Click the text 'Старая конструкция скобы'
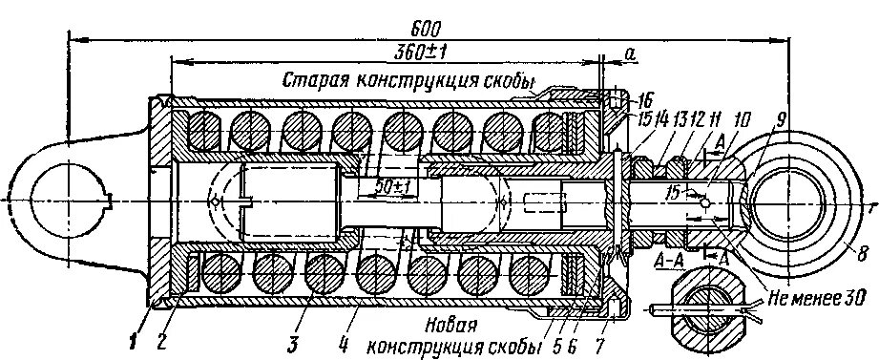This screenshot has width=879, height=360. (x=408, y=79)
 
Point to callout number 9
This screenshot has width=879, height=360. (x=782, y=121)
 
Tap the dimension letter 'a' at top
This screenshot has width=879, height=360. (x=631, y=55)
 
